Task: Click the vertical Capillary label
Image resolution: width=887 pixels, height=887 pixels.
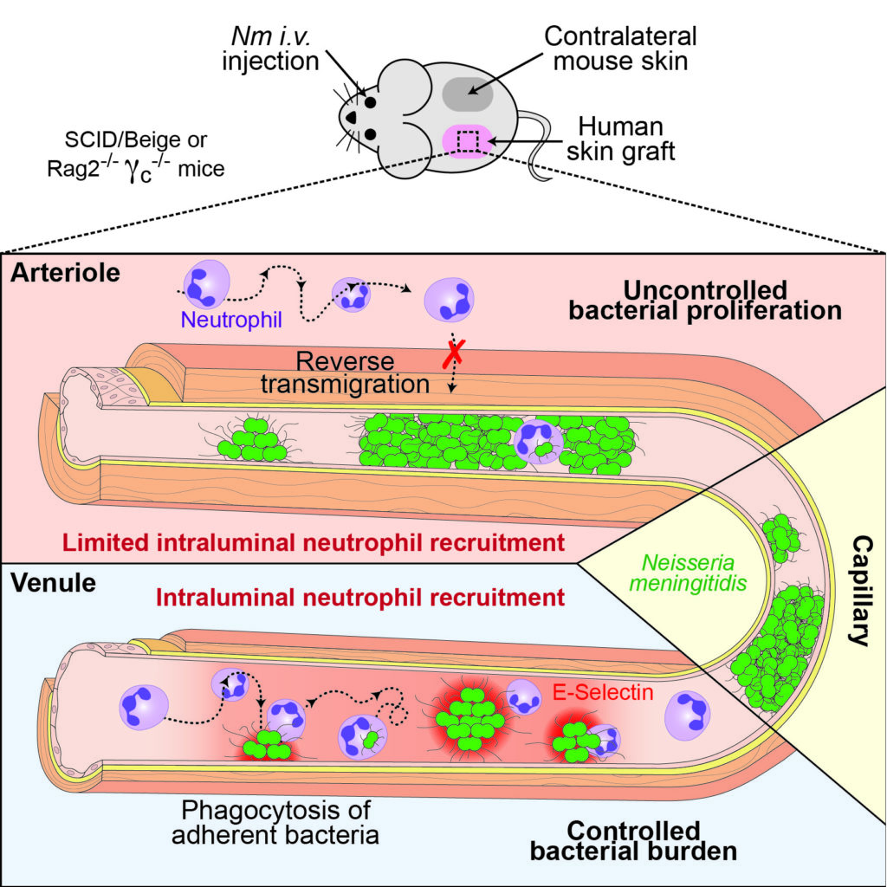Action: pos(861,591)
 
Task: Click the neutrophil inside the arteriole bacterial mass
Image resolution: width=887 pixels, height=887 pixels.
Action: pos(538,442)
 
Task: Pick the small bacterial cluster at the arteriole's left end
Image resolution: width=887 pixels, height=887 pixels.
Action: pos(252,439)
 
